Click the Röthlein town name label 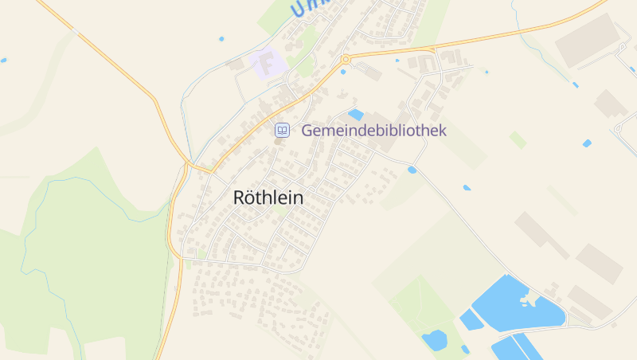[x=268, y=198]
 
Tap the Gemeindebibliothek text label [x=373, y=131]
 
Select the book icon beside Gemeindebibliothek [x=282, y=130]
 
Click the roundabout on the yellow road [x=346, y=59]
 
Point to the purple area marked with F [x=268, y=64]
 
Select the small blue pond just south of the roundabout [x=343, y=72]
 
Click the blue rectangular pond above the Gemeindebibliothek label [x=356, y=115]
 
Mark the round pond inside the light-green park [x=434, y=340]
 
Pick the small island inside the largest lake [x=526, y=300]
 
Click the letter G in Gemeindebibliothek [x=307, y=131]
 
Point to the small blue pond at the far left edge [x=3, y=60]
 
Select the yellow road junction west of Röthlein [x=190, y=165]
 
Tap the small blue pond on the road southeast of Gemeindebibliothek [x=412, y=170]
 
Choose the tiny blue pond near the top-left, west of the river [x=221, y=38]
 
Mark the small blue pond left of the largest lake [x=470, y=320]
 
